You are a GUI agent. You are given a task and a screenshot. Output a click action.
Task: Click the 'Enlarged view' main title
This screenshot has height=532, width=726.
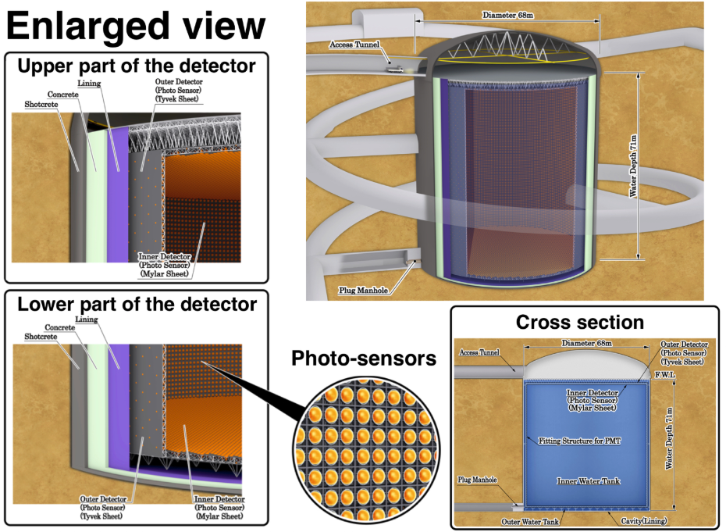coord(136,26)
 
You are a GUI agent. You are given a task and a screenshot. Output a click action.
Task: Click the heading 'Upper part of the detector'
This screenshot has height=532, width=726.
coord(136,66)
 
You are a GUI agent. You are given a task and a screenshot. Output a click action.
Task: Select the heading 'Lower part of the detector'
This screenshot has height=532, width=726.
coord(137,304)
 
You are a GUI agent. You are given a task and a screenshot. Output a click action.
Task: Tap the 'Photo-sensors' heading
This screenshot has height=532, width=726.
coord(364,359)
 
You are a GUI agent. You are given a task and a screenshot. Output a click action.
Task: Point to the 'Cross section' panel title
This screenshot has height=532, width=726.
coord(580,322)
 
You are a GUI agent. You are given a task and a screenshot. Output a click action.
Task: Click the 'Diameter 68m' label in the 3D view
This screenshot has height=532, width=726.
coord(508,15)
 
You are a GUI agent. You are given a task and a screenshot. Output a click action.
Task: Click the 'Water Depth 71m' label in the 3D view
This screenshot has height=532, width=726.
coord(633,166)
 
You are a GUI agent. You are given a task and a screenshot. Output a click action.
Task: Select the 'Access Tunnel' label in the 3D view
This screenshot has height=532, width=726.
coord(354,45)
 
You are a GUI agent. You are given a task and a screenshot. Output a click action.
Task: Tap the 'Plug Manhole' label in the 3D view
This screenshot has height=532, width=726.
coord(364,291)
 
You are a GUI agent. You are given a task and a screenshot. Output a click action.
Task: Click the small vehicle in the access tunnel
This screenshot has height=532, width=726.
coord(395,69)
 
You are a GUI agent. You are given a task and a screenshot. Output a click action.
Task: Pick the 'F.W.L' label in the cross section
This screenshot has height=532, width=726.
coord(665,374)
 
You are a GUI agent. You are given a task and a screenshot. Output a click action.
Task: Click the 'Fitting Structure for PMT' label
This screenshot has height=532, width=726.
coord(579,441)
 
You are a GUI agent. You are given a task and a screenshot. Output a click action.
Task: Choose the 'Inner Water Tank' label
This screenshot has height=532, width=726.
coord(588,481)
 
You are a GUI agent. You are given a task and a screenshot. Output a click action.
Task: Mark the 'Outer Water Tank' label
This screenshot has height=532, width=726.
coord(530,522)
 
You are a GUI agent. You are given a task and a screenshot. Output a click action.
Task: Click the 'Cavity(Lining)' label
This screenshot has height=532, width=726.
coord(644,521)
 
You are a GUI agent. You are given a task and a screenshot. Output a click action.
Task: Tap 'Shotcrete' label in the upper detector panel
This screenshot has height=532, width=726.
coord(41,104)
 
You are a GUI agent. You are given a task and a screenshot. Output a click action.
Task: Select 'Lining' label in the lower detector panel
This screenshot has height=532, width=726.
coord(87,320)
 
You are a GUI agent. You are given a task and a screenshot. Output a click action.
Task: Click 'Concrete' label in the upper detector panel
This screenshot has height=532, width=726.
coord(63,94)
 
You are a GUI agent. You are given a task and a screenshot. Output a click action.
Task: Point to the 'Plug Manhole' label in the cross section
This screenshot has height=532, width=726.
coord(477,480)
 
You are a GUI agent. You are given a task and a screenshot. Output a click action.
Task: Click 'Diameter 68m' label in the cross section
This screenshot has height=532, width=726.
coord(586,344)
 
